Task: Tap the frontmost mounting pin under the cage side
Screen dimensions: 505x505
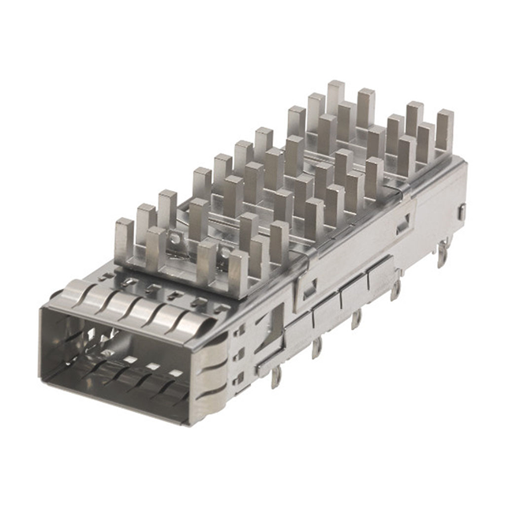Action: (x=275, y=377)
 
